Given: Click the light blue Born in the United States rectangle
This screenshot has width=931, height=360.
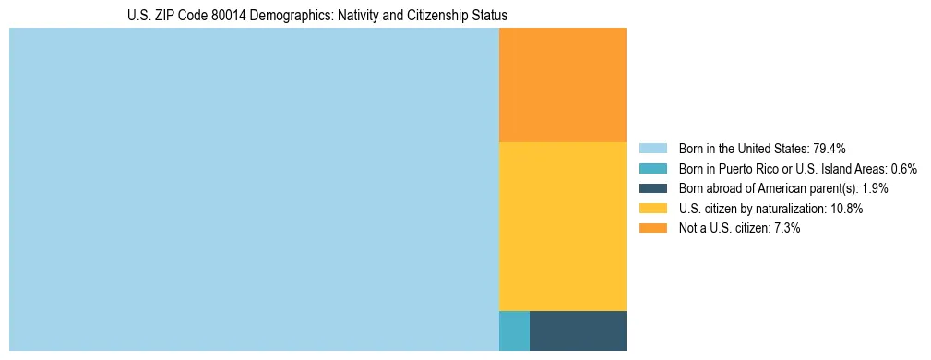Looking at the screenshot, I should pos(254,189).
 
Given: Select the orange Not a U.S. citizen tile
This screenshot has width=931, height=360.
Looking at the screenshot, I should pos(563,85).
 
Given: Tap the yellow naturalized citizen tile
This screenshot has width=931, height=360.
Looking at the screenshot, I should pos(563,226).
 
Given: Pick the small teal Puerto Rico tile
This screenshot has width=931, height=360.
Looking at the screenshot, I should pos(514,330).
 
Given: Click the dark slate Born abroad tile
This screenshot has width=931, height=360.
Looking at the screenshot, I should pos(578,330).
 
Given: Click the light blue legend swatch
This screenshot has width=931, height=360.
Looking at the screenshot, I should pos(653,149).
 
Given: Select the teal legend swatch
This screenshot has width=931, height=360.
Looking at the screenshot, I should pos(653,169).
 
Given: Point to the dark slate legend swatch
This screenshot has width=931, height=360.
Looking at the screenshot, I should pos(653,188).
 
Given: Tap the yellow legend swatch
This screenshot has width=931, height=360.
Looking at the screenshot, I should pos(653,209).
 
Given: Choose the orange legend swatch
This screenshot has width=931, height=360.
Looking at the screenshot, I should pos(653,228).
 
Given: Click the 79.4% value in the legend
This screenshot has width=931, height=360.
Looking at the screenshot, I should pos(830,149).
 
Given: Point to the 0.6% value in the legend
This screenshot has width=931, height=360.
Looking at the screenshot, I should pos(903,169).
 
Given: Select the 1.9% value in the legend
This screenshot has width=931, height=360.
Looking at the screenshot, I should pos(875,188).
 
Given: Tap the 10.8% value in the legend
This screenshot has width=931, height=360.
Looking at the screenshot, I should pos(846,209).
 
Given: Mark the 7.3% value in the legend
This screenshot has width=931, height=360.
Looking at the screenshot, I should pos(785,228).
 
